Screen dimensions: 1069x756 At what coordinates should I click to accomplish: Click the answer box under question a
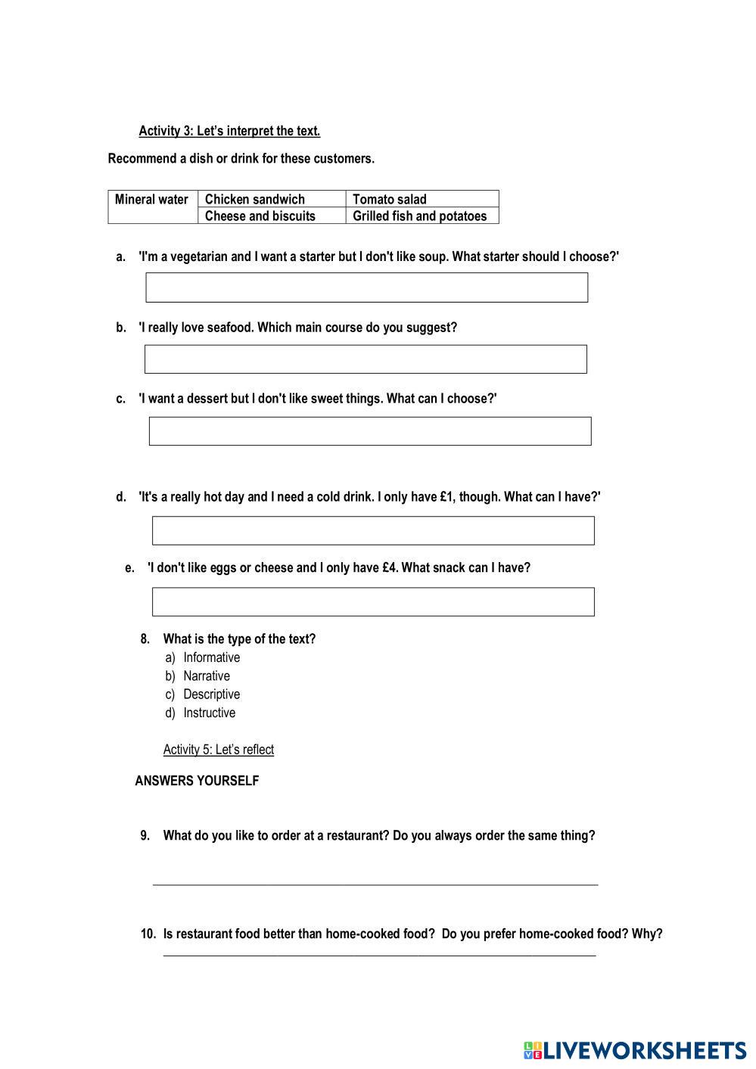pos(366,287)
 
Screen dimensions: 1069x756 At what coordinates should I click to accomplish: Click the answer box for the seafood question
pos(366,359)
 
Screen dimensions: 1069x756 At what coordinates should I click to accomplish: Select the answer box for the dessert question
pos(369,431)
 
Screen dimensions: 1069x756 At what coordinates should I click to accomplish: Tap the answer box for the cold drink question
pos(373,530)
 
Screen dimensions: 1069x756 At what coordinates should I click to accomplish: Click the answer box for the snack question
pos(373,601)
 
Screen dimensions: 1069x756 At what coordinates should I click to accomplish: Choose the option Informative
pos(211,657)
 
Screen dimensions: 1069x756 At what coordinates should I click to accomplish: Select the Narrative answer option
pos(206,676)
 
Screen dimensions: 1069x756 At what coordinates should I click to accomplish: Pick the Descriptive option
pos(211,695)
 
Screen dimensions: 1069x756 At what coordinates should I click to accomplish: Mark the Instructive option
pos(209,713)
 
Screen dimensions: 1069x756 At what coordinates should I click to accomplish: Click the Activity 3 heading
pos(229,131)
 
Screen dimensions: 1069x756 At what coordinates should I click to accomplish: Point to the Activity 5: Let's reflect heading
pos(219,750)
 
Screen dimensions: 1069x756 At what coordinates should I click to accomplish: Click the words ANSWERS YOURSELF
pos(197,781)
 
